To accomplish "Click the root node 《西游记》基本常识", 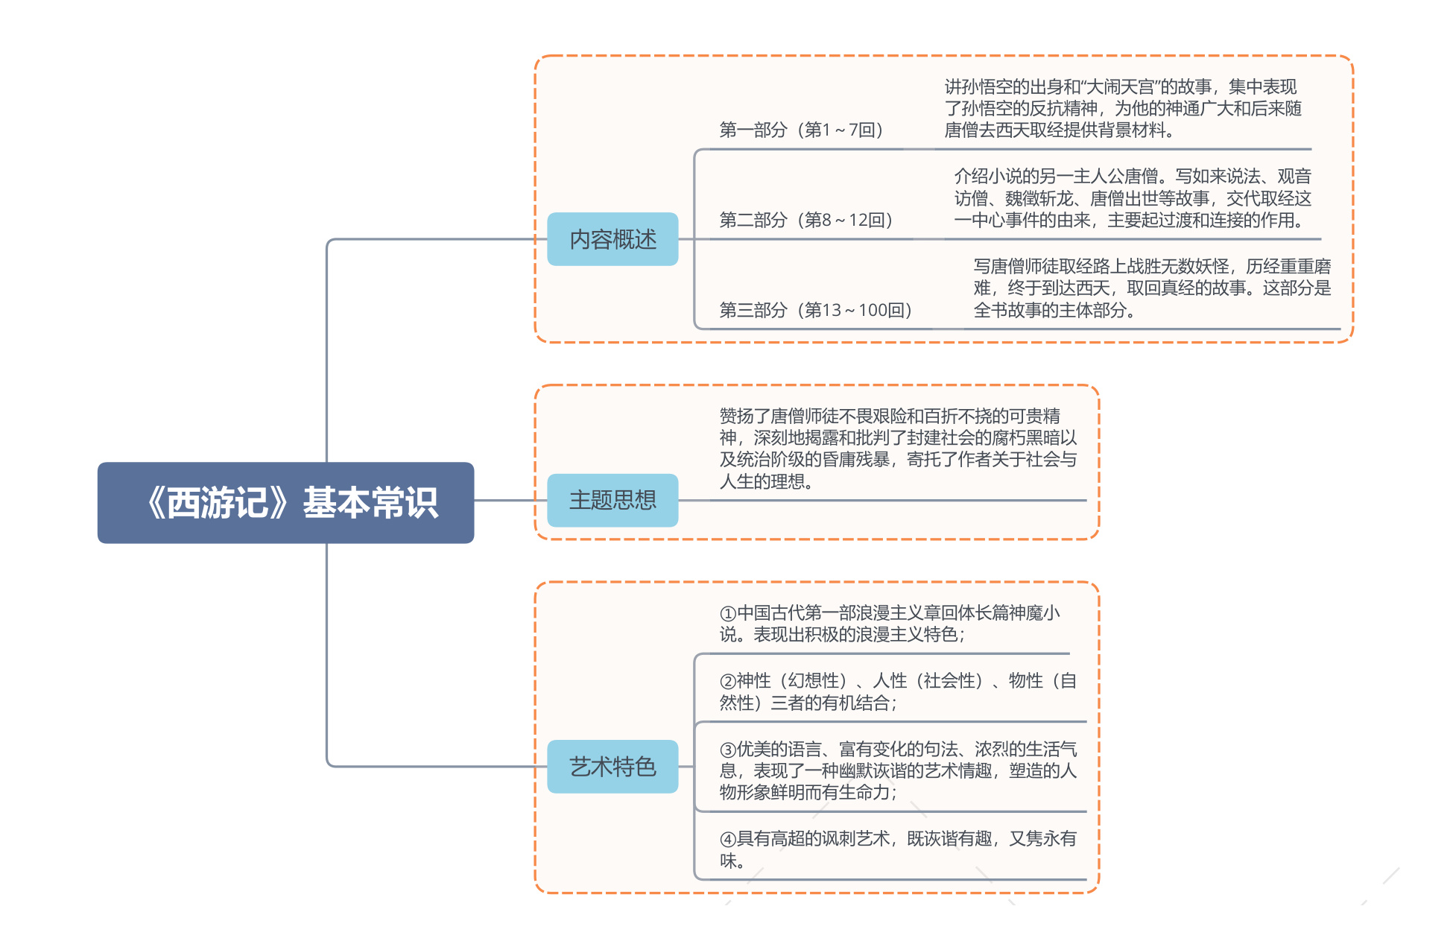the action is point(285,503).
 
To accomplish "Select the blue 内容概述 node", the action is point(612,239).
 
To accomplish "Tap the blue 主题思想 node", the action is point(612,500).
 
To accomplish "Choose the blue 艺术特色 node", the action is point(612,766).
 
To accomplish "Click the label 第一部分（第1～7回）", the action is point(801,130).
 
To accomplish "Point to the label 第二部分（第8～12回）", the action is point(805,220).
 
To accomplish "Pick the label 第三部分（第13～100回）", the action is point(815,310).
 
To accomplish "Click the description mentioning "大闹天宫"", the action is point(1123,109).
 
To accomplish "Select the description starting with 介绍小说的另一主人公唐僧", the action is point(1133,198).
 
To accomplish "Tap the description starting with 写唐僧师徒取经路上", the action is point(1152,288).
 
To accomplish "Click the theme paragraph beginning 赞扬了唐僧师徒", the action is point(898,449).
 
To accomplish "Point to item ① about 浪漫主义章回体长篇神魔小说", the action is point(890,624).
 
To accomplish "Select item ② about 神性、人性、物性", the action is point(898,691).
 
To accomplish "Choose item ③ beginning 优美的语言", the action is point(898,770).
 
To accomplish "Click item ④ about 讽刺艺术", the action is point(898,849).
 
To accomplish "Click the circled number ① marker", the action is point(728,613).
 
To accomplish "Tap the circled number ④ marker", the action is point(728,839).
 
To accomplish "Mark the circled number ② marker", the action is point(728,681).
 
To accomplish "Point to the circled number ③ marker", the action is point(728,749).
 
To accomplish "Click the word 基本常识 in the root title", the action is point(370,503).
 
